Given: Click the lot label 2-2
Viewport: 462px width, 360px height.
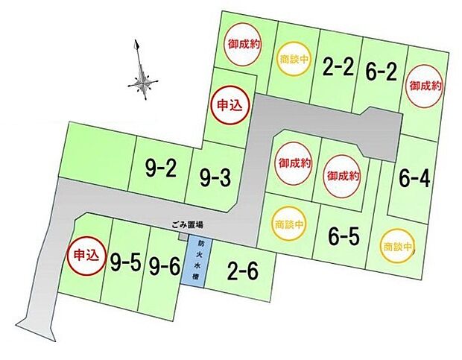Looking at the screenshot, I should click(x=338, y=69).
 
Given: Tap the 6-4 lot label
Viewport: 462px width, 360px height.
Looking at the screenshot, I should click(x=414, y=179).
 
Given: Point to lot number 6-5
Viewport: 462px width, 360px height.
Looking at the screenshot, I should click(x=344, y=237).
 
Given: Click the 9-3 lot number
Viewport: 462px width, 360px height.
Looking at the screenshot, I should click(x=215, y=178).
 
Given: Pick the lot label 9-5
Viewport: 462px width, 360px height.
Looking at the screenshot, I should click(x=126, y=262).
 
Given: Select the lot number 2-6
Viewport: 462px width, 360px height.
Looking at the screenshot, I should click(x=243, y=272).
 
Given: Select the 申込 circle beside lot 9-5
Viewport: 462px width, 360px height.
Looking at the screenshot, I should click(x=83, y=255).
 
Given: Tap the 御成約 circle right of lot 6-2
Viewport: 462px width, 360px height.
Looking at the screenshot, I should click(x=425, y=86).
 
